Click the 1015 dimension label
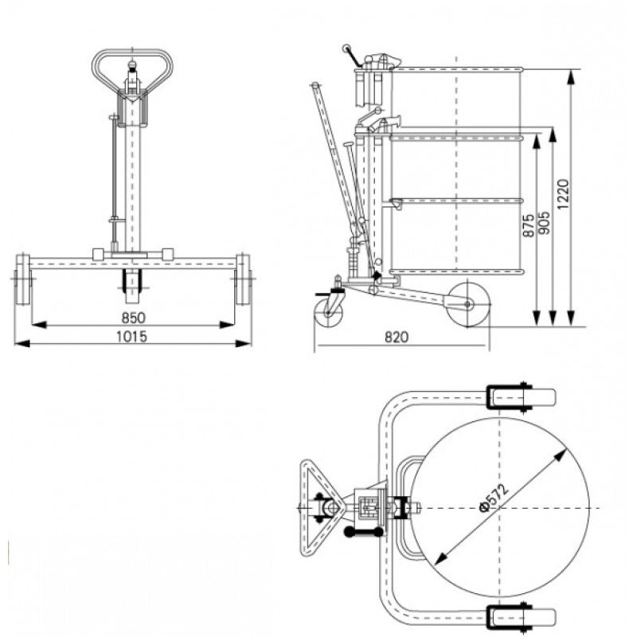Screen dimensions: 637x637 click(x=132, y=336)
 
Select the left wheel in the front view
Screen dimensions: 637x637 click(x=21, y=281)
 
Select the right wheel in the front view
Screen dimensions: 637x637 click(x=243, y=281)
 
